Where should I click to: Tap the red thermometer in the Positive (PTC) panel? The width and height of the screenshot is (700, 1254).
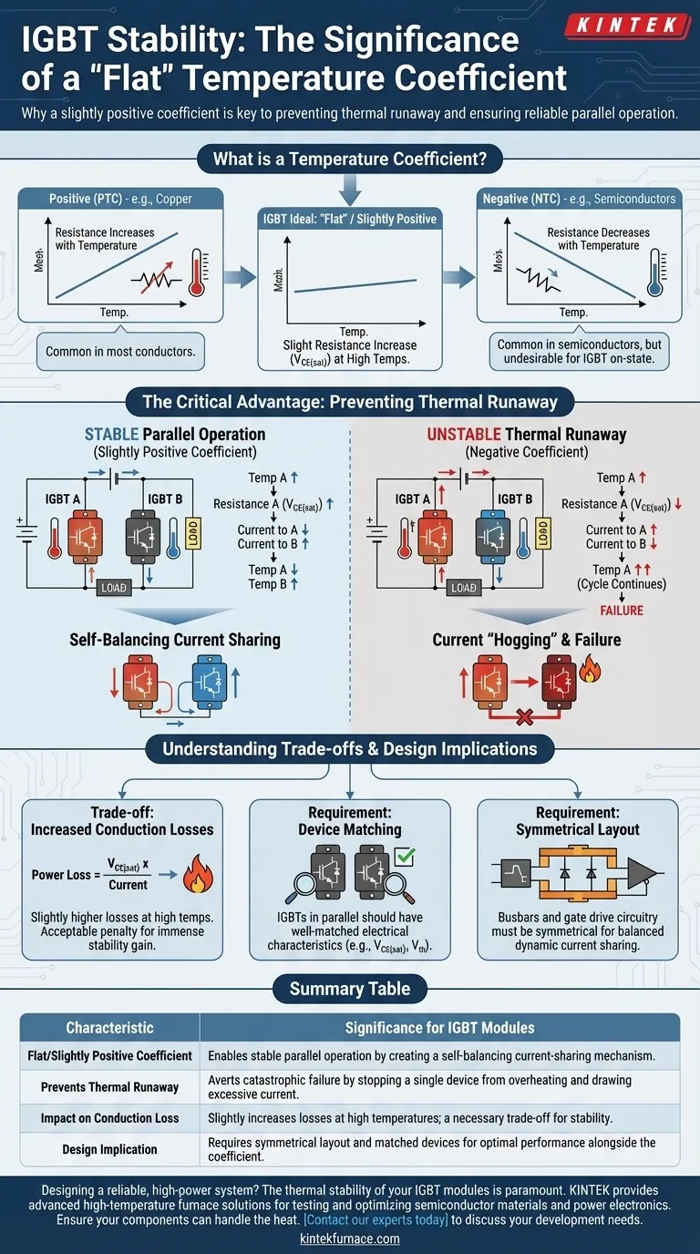click(195, 271)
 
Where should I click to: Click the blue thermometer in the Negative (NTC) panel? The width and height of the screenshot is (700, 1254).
click(654, 271)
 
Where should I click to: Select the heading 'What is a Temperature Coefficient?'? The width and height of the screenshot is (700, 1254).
click(350, 159)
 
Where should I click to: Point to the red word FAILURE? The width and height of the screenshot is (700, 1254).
click(622, 611)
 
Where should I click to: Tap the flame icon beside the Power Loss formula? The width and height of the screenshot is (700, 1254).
click(194, 878)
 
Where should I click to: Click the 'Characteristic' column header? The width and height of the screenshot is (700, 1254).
click(109, 1027)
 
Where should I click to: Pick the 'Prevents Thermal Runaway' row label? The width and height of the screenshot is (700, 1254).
click(109, 1086)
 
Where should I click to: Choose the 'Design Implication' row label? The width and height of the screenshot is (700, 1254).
click(109, 1149)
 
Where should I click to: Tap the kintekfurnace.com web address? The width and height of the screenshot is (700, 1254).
click(350, 1239)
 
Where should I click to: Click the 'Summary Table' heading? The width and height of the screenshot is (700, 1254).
click(350, 989)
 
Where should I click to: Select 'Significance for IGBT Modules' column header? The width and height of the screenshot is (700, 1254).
click(439, 1027)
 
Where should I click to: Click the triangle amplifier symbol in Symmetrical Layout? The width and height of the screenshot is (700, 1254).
click(642, 872)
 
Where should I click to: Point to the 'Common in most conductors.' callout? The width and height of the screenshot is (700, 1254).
click(120, 351)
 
